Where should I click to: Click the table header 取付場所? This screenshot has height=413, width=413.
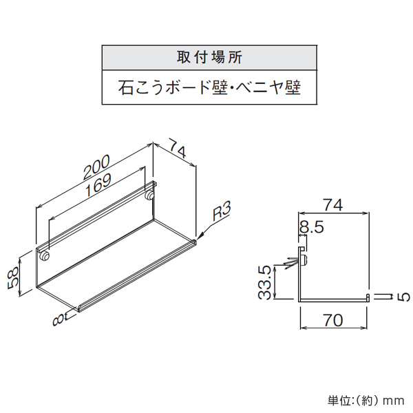(x=209, y=57)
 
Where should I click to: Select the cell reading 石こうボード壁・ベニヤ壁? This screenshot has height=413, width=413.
(x=209, y=87)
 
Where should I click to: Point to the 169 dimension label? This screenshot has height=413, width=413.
(x=98, y=185)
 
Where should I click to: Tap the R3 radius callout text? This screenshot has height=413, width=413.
(x=222, y=211)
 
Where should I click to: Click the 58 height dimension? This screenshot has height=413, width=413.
(x=12, y=277)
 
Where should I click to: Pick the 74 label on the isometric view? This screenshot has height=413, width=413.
(x=178, y=149)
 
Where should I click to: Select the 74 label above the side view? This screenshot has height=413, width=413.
(x=333, y=204)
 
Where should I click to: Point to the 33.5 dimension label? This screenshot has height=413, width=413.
(x=264, y=282)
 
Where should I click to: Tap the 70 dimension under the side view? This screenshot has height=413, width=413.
(x=333, y=320)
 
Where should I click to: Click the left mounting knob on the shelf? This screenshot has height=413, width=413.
(x=44, y=256)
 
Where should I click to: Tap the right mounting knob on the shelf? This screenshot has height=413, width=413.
(x=149, y=195)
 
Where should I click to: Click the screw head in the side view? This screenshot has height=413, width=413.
(x=304, y=260)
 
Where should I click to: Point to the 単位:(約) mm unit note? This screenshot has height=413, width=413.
(x=366, y=401)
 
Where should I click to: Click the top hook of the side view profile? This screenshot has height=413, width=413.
(x=302, y=248)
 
